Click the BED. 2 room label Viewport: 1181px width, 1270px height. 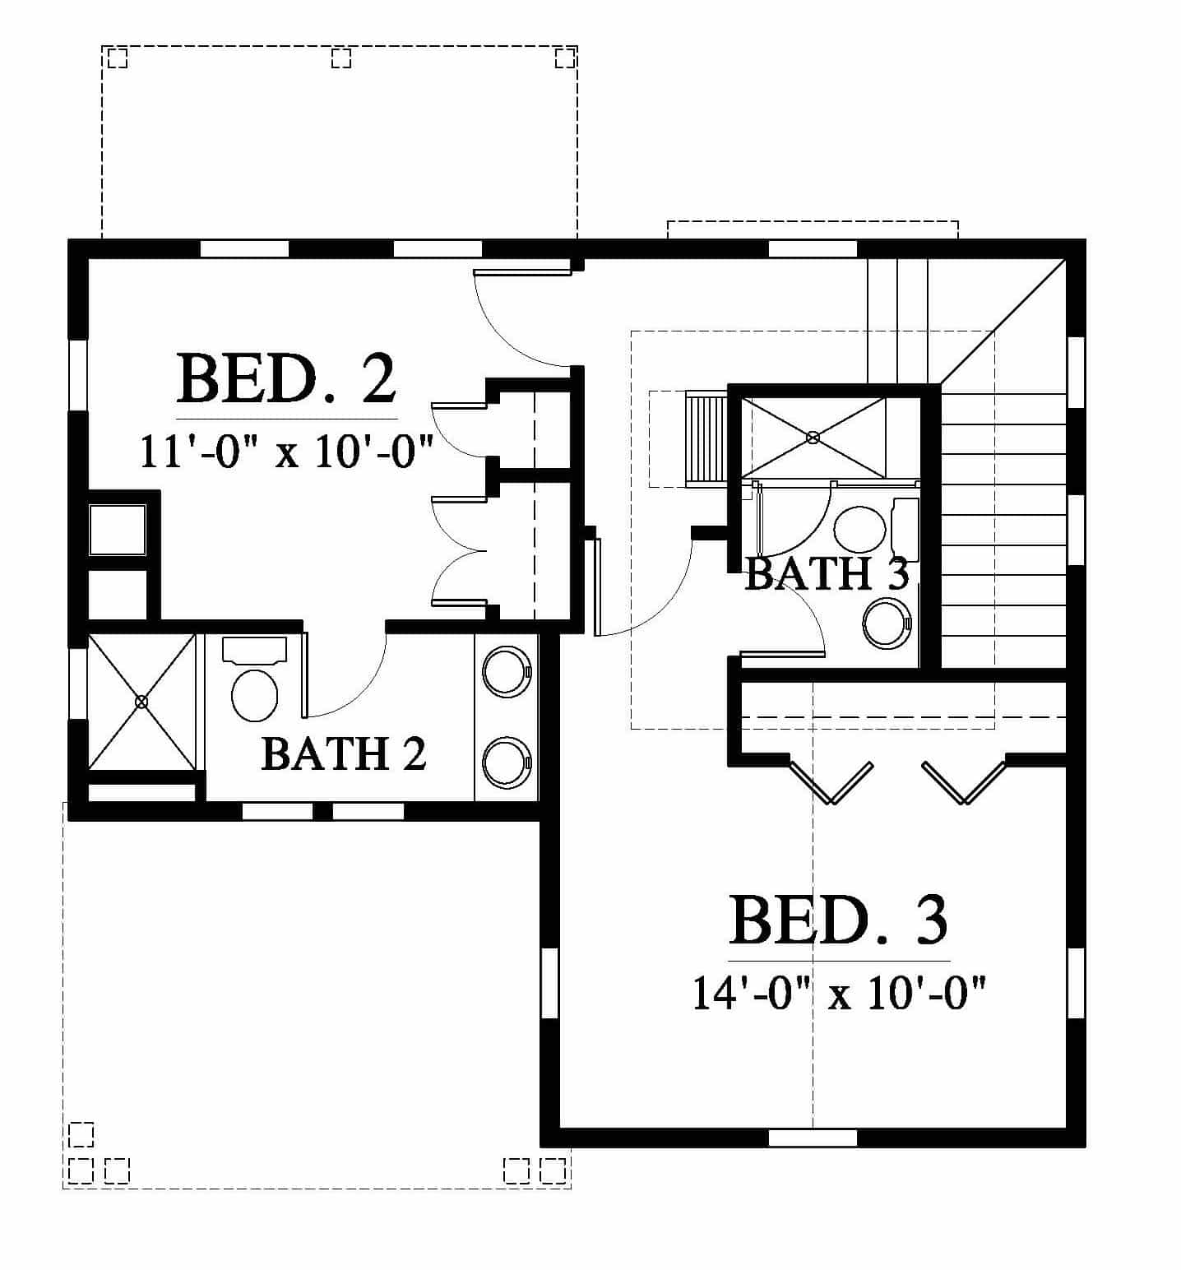point(286,378)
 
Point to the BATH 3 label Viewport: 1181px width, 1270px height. point(827,573)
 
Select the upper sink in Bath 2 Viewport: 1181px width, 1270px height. point(507,671)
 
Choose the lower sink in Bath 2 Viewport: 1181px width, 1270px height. point(507,762)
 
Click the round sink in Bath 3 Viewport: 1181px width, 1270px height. point(887,623)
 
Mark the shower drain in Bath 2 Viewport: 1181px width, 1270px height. point(141,702)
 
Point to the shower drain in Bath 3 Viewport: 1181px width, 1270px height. point(813,438)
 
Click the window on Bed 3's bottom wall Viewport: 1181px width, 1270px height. point(813,1138)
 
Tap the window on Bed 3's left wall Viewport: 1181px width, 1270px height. point(549,984)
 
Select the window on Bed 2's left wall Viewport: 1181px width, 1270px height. point(77,374)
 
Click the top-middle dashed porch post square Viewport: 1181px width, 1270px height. point(341,58)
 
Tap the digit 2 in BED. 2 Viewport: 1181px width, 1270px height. point(377,378)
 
